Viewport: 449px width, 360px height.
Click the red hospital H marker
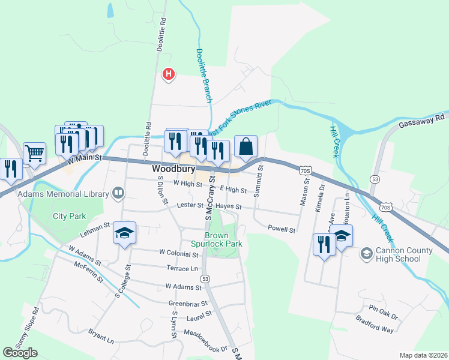point(169,74)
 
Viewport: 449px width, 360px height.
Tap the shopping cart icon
point(34,152)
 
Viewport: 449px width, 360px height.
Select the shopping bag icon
point(246,146)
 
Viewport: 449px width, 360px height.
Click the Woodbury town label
point(171,169)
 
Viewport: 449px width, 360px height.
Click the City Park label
point(69,216)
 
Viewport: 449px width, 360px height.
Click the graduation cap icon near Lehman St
point(125,233)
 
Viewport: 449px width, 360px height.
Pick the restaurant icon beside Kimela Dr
point(324,244)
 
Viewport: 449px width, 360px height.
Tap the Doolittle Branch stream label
point(204,74)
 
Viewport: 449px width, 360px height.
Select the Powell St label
point(282,230)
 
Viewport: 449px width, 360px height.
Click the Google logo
point(20,352)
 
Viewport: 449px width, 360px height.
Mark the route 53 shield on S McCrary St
point(205,279)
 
